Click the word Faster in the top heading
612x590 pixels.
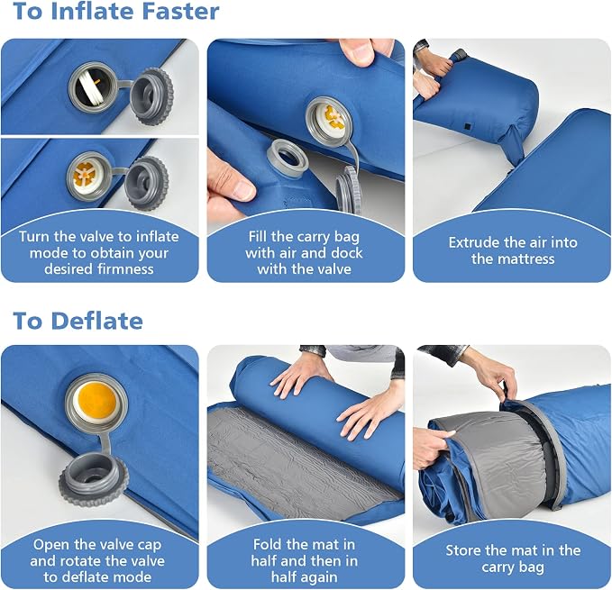click(x=180, y=11)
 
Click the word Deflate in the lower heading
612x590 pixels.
click(x=96, y=321)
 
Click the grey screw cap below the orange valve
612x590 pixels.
click(x=94, y=477)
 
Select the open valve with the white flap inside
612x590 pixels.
click(x=92, y=87)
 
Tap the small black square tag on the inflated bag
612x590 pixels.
click(x=467, y=126)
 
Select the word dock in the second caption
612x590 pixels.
click(x=347, y=253)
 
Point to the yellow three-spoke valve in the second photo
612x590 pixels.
click(x=85, y=176)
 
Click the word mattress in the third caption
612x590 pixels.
click(x=532, y=259)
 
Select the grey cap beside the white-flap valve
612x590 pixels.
click(x=151, y=95)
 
